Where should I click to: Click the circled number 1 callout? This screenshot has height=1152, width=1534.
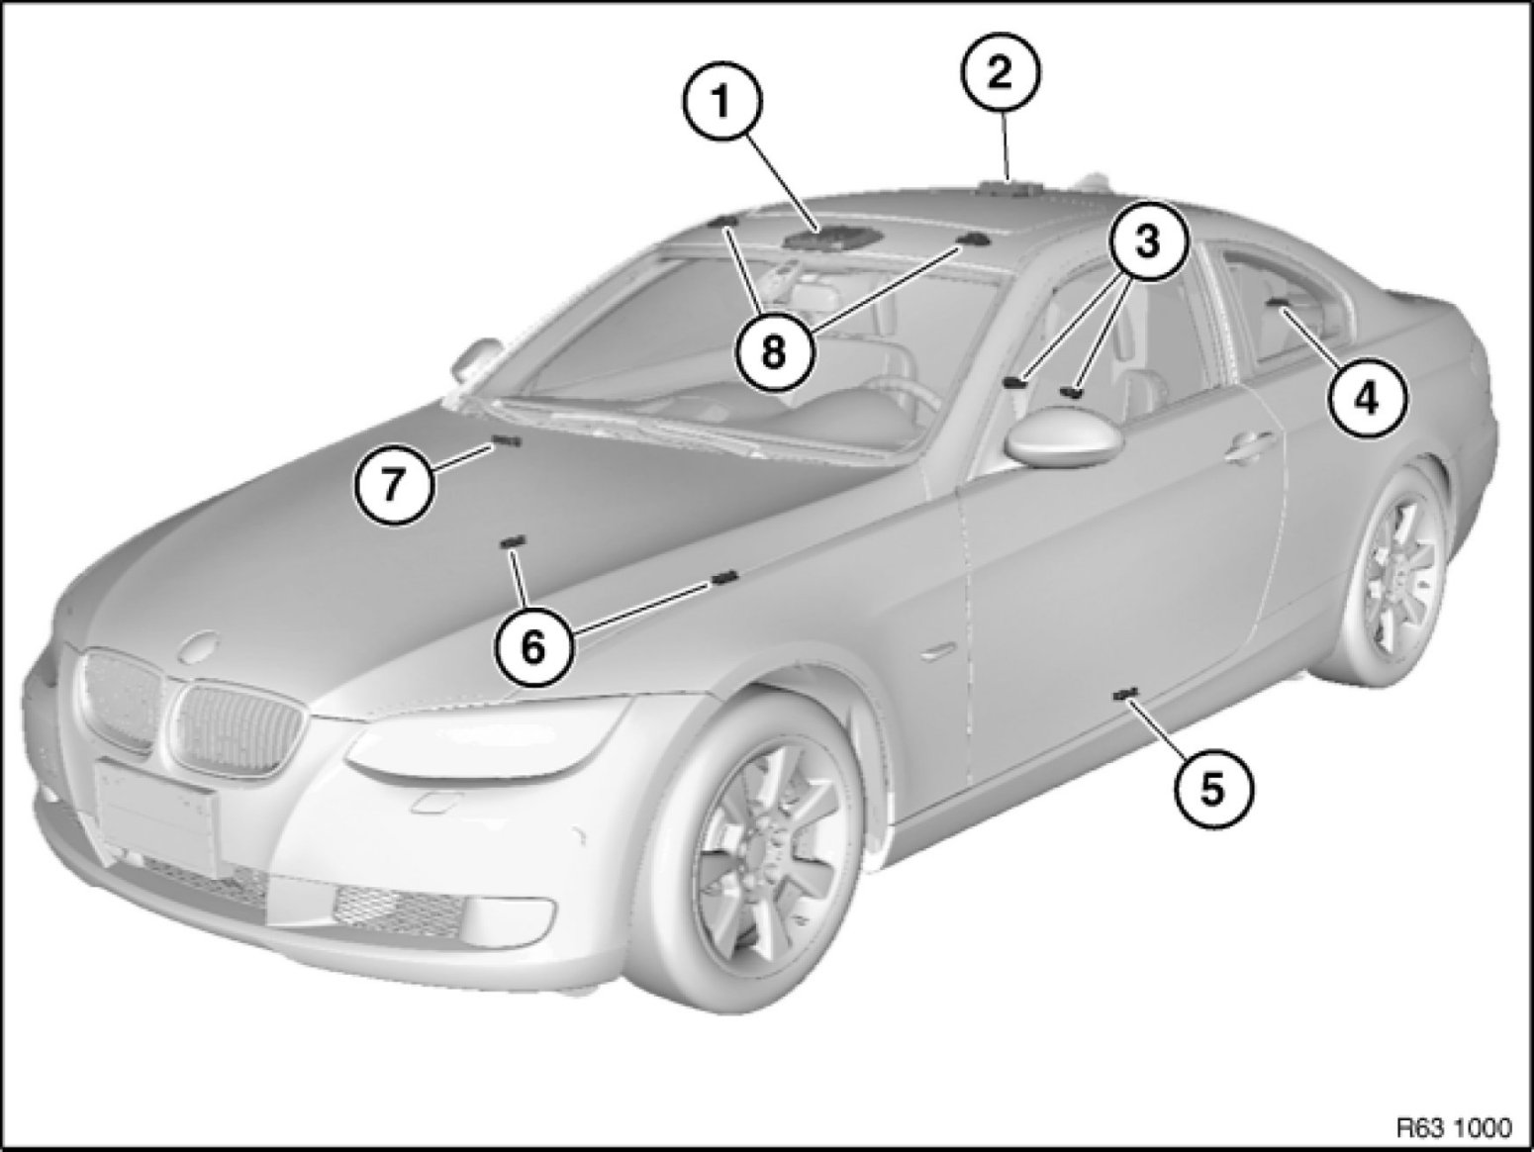point(722,103)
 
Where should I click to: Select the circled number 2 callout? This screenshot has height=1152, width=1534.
point(1001,71)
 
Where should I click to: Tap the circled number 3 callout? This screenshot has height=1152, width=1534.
point(1147,241)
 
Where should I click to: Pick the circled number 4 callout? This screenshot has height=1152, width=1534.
point(1367,400)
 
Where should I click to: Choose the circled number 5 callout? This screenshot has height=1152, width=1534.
point(1212,789)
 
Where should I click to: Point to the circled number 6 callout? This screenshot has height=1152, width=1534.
point(533,647)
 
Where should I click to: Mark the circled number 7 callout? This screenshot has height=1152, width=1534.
point(393,483)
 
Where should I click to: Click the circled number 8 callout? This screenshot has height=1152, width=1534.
point(774,351)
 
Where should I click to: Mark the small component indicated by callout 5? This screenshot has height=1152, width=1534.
point(1124,693)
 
